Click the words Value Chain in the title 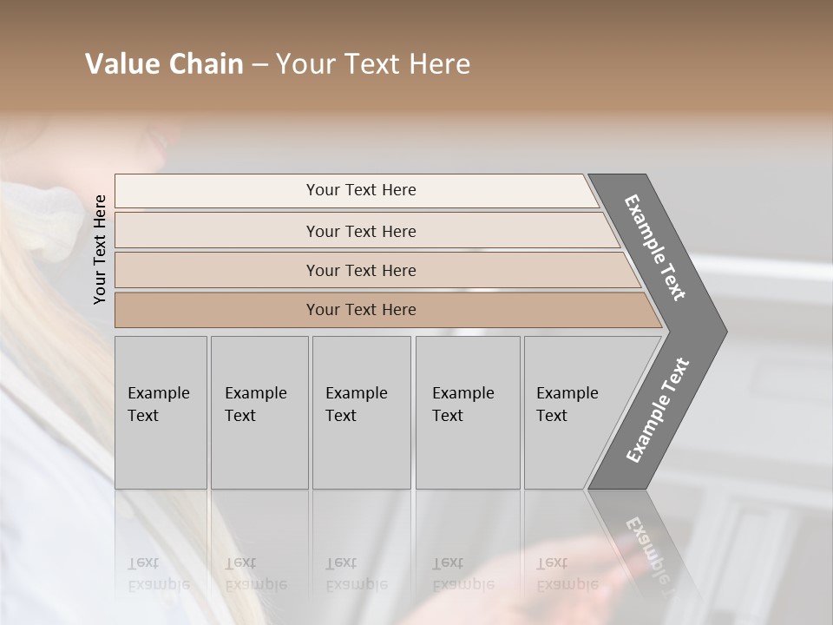coord(164,64)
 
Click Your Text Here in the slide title coord(373,64)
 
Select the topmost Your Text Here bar coord(360,190)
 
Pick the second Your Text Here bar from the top coord(360,231)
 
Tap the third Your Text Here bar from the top coord(360,270)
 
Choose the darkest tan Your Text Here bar coord(360,310)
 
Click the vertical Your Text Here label coord(100,249)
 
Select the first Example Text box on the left coord(160,411)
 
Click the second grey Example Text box coord(259,411)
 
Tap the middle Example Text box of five coord(360,411)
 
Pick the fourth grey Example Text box coord(467,411)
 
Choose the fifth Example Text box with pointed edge coord(573,411)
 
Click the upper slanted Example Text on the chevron coord(655,247)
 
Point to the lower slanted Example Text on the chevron coord(658,410)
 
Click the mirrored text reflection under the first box coord(158,574)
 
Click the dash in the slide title coord(259,64)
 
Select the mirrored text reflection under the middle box coord(356,574)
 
